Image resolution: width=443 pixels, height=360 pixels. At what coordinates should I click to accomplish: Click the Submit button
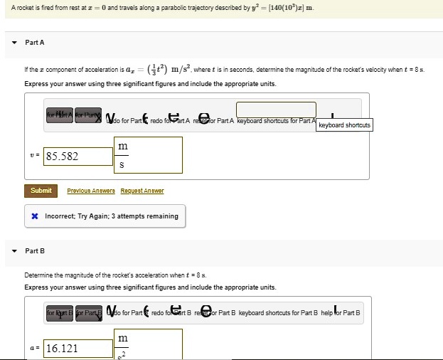(41, 191)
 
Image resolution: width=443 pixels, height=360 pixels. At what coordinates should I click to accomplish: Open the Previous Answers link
(89, 191)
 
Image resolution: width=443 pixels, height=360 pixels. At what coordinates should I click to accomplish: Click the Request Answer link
(142, 191)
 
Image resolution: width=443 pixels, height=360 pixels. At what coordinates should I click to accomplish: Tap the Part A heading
(35, 43)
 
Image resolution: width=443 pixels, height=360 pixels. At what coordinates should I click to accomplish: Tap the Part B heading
(35, 250)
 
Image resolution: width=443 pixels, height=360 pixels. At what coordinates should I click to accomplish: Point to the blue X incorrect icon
(34, 216)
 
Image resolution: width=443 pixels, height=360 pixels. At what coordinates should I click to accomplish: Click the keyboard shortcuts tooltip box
(343, 125)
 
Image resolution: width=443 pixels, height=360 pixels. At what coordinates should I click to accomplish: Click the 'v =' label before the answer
(35, 156)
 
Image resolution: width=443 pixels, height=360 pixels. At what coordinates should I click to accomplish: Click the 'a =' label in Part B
(35, 349)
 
